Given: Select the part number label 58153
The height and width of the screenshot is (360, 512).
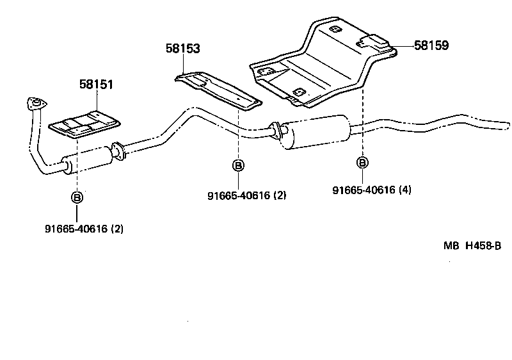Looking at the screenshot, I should click(181, 49).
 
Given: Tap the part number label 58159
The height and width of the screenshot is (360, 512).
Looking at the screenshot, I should click(431, 45).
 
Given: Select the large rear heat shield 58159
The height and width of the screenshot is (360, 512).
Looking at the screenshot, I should click(314, 67).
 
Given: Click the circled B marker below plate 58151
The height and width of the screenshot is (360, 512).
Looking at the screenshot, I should click(76, 197).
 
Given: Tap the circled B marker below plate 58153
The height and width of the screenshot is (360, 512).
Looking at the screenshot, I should click(237, 166).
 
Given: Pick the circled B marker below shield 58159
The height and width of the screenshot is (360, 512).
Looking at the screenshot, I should click(362, 162).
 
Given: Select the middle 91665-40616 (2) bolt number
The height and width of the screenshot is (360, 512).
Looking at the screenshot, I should click(246, 195).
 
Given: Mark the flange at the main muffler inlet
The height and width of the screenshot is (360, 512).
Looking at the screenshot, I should click(275, 130).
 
